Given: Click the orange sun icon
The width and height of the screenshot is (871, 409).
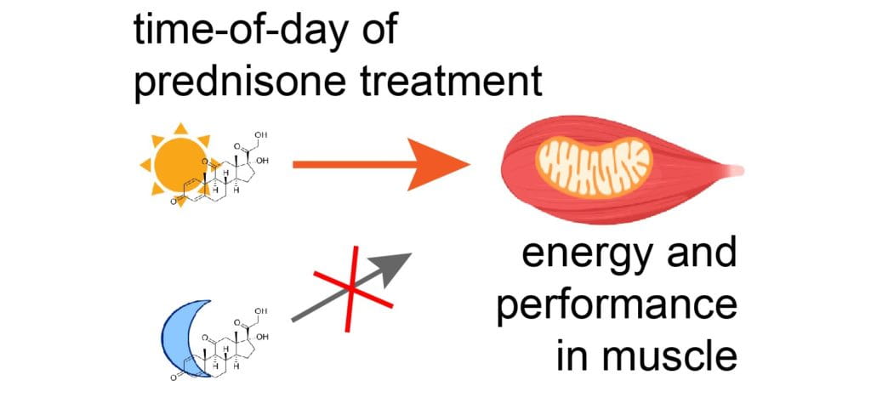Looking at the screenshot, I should pos(174,163).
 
